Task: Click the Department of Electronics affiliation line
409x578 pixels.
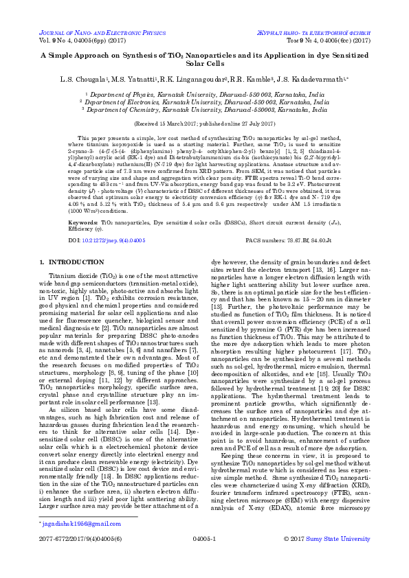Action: coord(204,102)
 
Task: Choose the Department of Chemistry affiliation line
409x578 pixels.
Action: coord(204,108)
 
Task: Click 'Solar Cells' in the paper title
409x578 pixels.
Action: coord(204,62)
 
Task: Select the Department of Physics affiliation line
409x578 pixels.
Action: coord(204,95)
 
